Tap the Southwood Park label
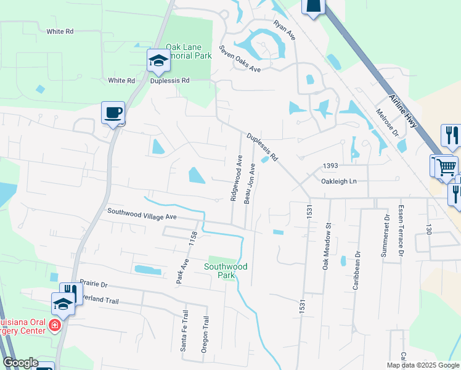(226, 271)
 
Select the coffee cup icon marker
(113, 113)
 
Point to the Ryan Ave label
(285, 30)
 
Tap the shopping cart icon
(445, 167)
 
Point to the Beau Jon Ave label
(249, 183)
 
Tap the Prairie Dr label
(93, 285)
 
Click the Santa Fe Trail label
(184, 331)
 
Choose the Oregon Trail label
(205, 334)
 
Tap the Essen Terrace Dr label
(401, 231)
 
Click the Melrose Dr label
(387, 123)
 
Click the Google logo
(20, 363)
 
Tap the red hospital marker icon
(55, 324)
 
